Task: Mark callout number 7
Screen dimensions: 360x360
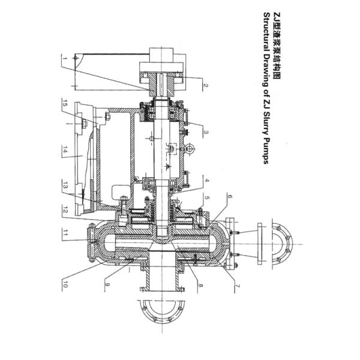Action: coord(237,286)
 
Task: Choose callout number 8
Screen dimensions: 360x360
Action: coord(201,286)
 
